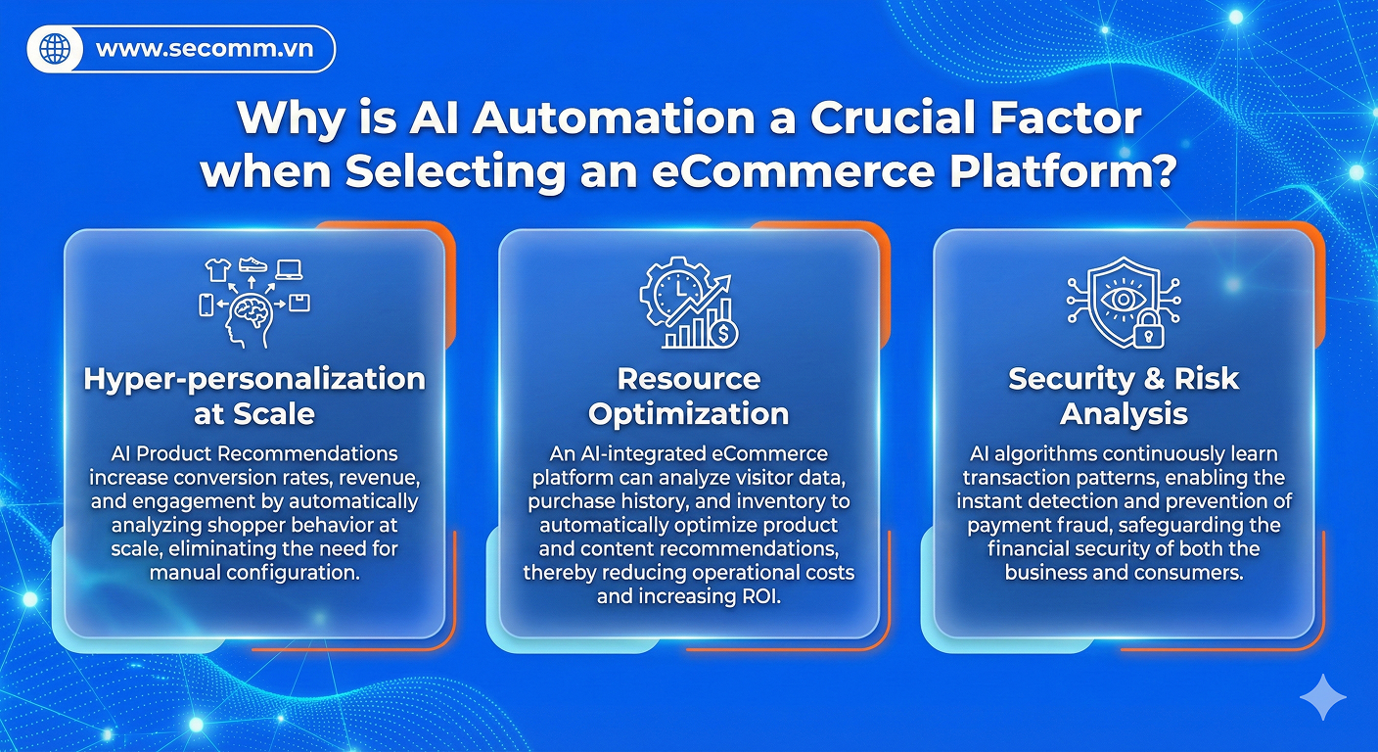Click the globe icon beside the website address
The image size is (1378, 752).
(56, 49)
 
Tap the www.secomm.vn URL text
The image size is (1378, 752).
(205, 49)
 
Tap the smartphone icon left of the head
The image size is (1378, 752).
(207, 305)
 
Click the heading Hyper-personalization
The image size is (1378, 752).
(254, 379)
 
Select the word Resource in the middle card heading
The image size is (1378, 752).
(689, 379)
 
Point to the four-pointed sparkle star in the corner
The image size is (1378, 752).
(1322, 697)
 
